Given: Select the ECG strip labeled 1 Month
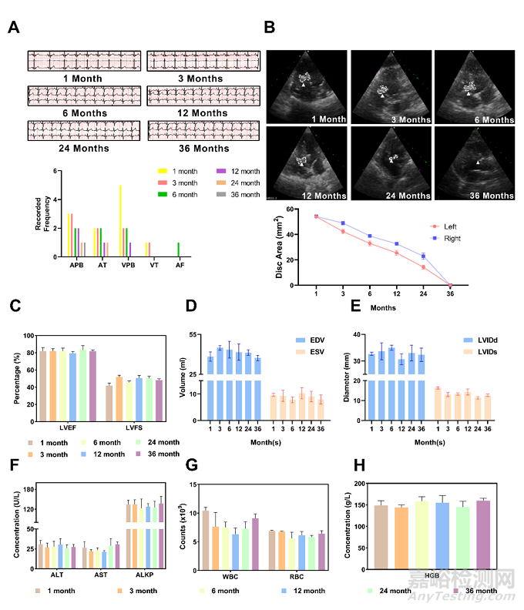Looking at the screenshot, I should click(x=84, y=61).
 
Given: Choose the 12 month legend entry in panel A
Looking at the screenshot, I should click(x=236, y=171).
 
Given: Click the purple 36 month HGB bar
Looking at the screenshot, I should click(x=483, y=531).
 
